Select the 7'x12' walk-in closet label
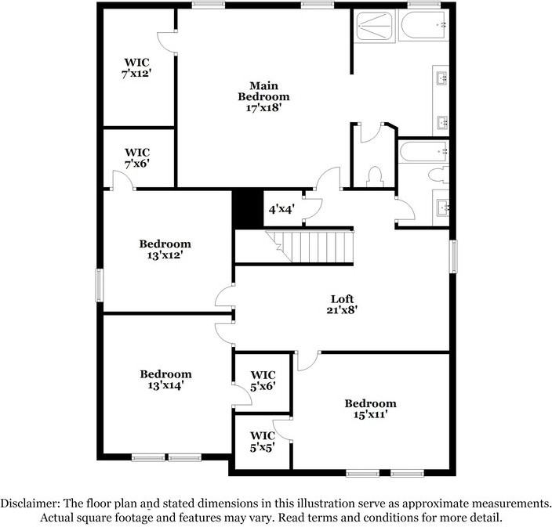tap(136, 67)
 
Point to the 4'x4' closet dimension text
tap(281, 210)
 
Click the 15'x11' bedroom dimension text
tap(370, 415)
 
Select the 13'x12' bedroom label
tap(165, 249)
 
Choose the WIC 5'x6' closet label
tap(262, 380)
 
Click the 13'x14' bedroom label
tap(165, 380)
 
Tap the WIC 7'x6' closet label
tap(136, 158)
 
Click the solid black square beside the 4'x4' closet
tap(246, 209)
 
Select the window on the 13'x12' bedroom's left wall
tap(99, 284)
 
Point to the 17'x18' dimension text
tap(263, 108)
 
